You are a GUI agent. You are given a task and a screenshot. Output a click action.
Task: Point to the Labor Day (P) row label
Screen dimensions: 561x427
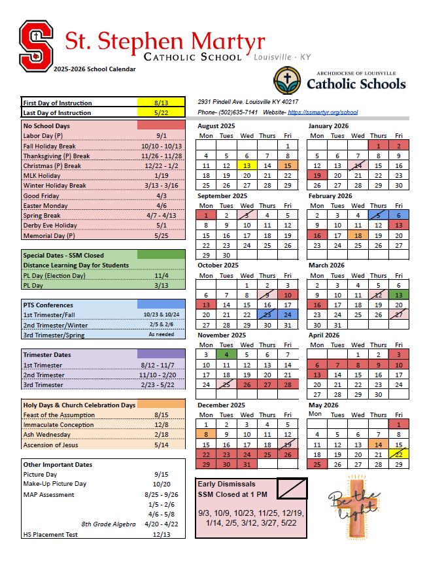pos(43,135)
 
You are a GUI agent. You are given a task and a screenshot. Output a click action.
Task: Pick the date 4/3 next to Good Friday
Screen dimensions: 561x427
pos(161,195)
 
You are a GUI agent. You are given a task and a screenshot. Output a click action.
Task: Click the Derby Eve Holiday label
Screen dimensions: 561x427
pos(50,226)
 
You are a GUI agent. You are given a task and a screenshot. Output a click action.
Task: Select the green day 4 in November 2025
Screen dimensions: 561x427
pos(226,354)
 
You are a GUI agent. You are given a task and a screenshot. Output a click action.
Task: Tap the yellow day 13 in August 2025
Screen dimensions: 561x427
pos(247,166)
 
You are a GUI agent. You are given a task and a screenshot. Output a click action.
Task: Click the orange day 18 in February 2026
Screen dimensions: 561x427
pos(358,236)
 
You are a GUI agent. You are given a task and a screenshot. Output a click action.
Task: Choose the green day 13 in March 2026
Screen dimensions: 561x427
pos(398,295)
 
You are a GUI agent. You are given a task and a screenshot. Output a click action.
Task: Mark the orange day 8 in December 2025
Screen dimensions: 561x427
pos(206,433)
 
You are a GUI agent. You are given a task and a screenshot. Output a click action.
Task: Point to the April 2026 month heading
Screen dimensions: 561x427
pos(324,334)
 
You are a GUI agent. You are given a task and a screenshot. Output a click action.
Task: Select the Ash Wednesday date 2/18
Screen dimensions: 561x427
pos(161,435)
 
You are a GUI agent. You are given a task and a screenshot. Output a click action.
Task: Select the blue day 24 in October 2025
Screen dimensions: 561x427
pos(287,314)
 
